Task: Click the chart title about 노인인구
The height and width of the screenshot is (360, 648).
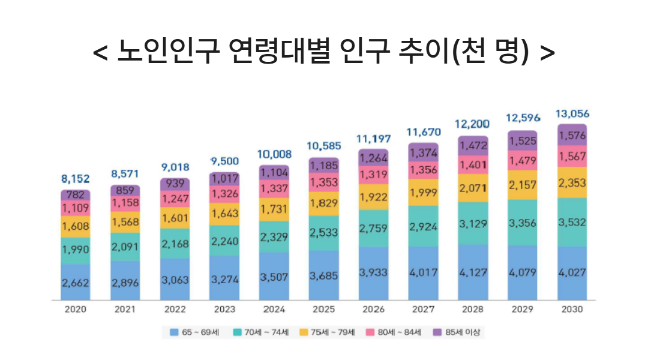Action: pos(324,52)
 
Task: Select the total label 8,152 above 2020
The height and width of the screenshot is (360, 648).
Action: pos(75,178)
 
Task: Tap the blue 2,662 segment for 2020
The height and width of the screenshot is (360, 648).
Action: pos(75,283)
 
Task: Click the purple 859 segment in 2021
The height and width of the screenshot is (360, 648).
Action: pos(125,191)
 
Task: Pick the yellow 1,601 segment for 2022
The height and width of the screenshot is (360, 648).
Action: pos(175,217)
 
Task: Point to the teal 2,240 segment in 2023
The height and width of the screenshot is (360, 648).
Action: pos(224,242)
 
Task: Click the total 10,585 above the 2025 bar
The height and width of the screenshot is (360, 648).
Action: pos(324,146)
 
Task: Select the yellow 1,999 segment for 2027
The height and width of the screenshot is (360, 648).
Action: pos(424,191)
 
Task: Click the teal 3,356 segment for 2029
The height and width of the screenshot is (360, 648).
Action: pos(523,223)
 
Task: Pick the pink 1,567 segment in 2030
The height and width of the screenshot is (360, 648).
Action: pos(572,156)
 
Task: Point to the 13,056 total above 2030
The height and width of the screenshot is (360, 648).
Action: pos(572,113)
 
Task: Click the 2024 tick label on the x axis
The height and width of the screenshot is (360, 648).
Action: pos(274,310)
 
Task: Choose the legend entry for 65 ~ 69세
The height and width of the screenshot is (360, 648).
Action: pos(191,332)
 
